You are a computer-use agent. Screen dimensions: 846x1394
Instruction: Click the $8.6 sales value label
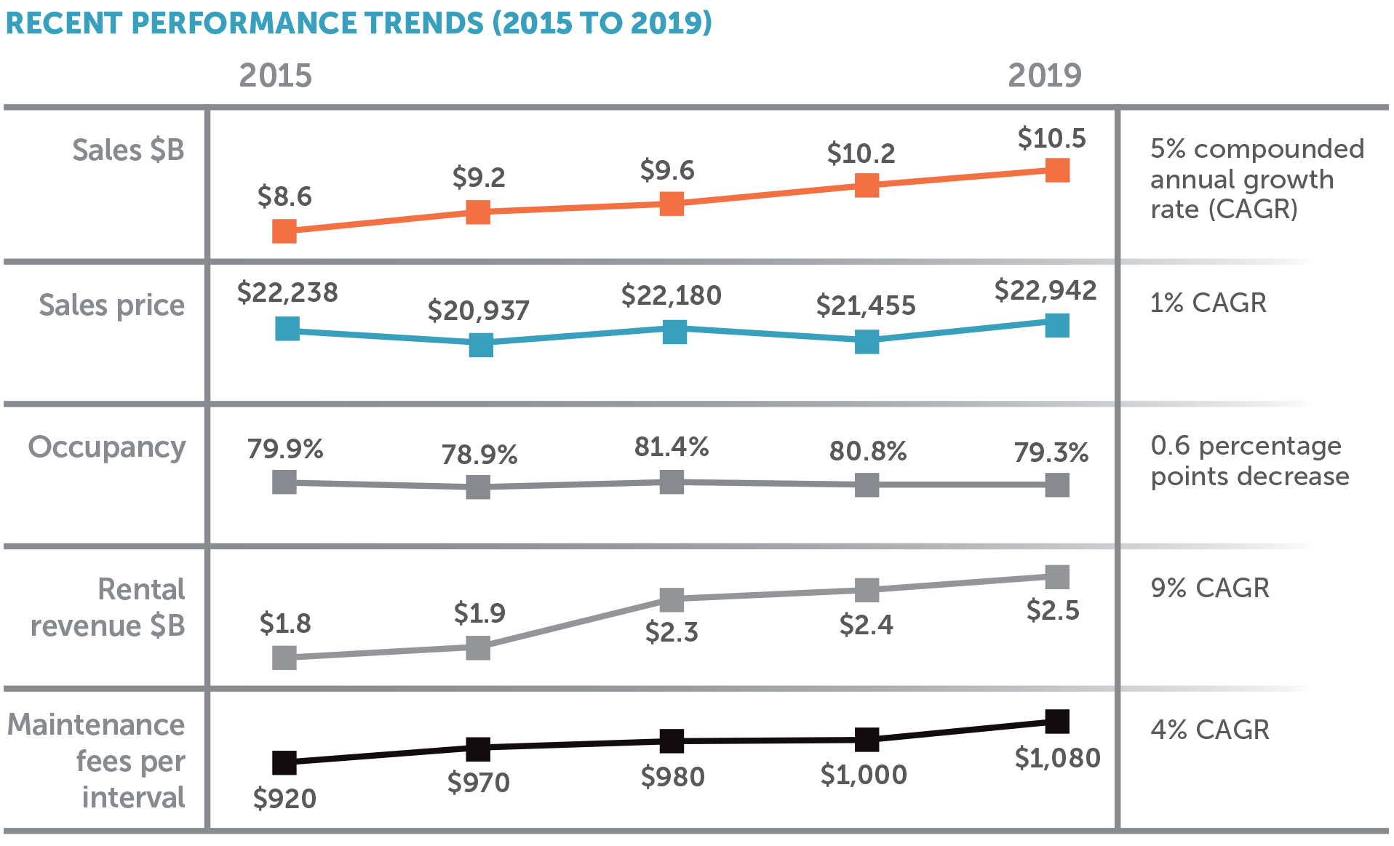pyautogui.click(x=284, y=196)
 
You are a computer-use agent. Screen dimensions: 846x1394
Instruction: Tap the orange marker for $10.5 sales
pyautogui.click(x=1057, y=170)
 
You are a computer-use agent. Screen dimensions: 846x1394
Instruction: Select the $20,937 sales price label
pyautogui.click(x=478, y=311)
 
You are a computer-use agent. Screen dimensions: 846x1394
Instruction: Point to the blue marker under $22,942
pyautogui.click(x=1057, y=326)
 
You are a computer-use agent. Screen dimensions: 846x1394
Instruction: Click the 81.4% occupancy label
pyautogui.click(x=671, y=446)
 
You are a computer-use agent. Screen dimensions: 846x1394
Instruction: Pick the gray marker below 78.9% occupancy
pyautogui.click(x=478, y=487)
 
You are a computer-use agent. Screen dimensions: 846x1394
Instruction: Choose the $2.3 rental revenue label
pyautogui.click(x=671, y=631)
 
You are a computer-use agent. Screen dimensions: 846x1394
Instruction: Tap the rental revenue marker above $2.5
pyautogui.click(x=1057, y=578)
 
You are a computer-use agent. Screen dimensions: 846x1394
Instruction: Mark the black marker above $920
pyautogui.click(x=284, y=762)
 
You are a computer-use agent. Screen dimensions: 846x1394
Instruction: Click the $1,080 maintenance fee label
pyautogui.click(x=1057, y=758)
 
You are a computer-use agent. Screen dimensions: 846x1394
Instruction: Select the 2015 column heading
pyautogui.click(x=275, y=76)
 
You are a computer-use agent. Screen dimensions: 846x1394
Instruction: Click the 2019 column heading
pyautogui.click(x=1044, y=76)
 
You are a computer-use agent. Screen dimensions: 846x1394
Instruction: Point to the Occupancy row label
pyautogui.click(x=107, y=447)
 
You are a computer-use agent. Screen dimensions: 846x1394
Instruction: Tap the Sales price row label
pyautogui.click(x=111, y=305)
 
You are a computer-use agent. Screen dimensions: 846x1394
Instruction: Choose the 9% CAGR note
pyautogui.click(x=1209, y=588)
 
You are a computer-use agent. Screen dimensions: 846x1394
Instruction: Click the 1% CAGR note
pyautogui.click(x=1208, y=303)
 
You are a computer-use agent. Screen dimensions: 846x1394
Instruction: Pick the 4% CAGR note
pyautogui.click(x=1209, y=730)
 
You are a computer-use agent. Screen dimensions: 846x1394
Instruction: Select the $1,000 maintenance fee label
pyautogui.click(x=864, y=775)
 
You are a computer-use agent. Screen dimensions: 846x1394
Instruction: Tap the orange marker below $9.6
pyautogui.click(x=672, y=204)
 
